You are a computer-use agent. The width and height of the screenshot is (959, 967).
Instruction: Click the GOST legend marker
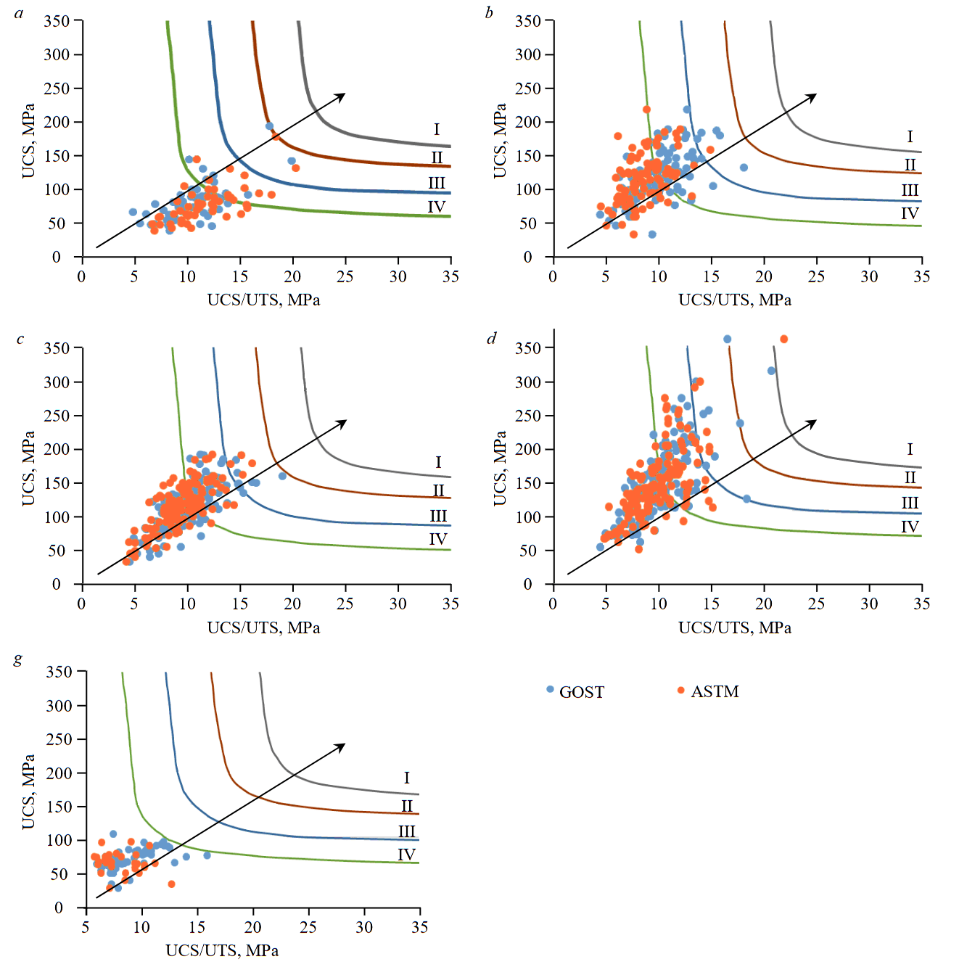tap(550, 689)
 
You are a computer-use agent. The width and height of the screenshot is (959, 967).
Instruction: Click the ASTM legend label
tap(715, 691)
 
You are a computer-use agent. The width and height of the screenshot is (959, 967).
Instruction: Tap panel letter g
tap(18, 659)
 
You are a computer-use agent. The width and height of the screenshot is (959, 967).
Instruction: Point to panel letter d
tap(492, 338)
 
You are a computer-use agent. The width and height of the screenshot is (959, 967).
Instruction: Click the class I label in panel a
tap(437, 129)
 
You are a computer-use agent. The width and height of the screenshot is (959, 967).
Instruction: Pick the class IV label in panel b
tap(910, 213)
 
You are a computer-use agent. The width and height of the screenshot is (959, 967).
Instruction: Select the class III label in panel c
tap(438, 516)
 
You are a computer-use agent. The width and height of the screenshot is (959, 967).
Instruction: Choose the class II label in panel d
tap(910, 477)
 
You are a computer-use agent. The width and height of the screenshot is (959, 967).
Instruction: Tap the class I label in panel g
tap(406, 778)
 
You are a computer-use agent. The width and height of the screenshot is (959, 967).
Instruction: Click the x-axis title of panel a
tap(263, 300)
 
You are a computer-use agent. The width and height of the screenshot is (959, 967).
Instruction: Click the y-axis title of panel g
tap(28, 791)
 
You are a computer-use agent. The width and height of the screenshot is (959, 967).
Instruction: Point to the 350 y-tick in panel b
tap(528, 21)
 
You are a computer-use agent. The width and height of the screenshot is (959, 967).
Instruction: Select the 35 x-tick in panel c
tap(450, 604)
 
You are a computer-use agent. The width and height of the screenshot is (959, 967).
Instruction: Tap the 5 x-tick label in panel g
tap(86, 927)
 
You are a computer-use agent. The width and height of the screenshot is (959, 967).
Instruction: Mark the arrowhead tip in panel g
tap(345, 744)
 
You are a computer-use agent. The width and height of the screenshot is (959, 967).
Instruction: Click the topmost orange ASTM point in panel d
tap(783, 340)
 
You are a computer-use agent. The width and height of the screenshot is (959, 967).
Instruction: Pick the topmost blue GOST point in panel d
tap(727, 340)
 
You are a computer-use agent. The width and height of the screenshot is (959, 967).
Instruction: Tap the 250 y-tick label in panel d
tap(528, 416)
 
